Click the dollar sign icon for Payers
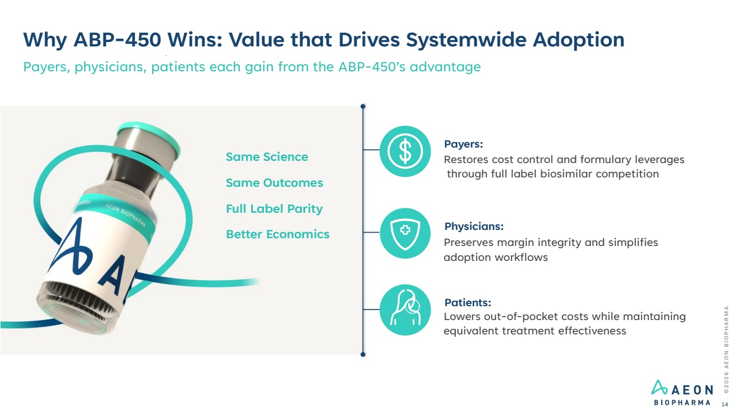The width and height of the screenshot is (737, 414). click(405, 151)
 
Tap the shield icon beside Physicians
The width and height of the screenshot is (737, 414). click(405, 233)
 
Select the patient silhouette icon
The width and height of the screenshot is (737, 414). click(405, 310)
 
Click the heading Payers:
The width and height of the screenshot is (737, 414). click(463, 144)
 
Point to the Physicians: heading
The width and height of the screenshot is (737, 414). click(474, 226)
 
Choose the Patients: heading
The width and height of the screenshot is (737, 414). click(468, 302)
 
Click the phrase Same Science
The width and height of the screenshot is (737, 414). click(267, 157)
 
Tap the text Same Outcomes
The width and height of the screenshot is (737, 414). click(274, 183)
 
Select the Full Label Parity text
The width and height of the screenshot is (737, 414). click(274, 209)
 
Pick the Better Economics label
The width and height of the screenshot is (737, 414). click(278, 234)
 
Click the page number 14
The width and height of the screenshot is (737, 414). click(724, 405)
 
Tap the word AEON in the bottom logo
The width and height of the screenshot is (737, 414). click(692, 390)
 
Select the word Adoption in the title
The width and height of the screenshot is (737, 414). click(578, 40)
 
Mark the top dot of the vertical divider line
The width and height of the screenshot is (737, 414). click(363, 107)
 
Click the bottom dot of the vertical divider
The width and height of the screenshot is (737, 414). click(363, 354)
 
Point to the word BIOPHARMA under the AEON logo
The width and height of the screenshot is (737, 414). click(682, 403)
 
